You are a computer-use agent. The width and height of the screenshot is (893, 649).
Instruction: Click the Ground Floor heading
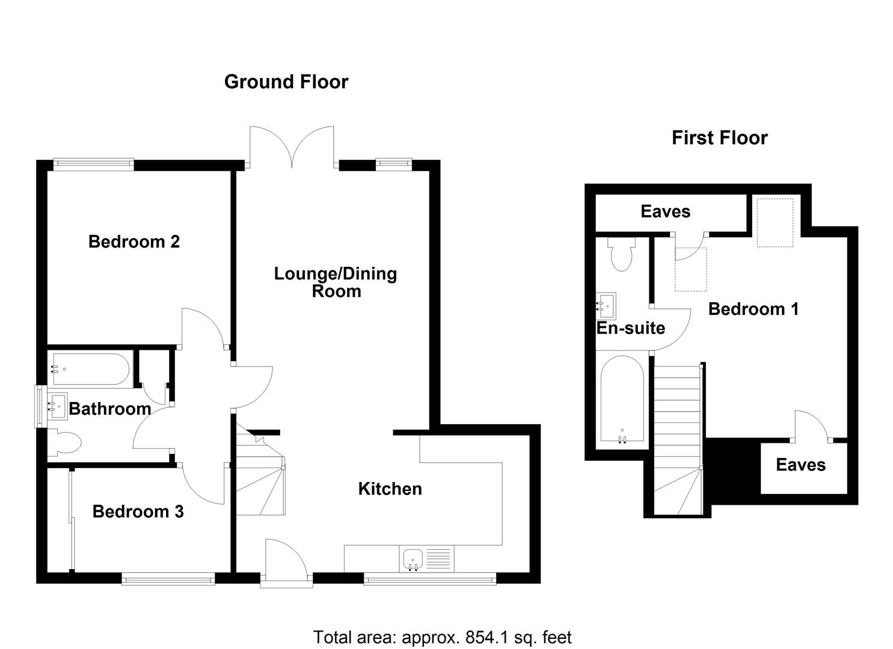click(286, 82)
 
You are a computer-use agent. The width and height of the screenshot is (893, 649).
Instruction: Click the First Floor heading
click(719, 138)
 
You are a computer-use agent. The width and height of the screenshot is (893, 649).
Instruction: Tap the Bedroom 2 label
click(134, 242)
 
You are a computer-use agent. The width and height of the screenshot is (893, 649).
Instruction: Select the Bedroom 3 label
click(138, 511)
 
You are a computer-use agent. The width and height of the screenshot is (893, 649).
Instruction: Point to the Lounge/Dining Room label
click(336, 282)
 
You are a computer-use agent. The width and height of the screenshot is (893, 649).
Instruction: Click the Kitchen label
click(390, 489)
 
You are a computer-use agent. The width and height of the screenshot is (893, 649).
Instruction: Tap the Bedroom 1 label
click(753, 309)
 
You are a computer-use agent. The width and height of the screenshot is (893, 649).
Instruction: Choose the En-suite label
click(630, 328)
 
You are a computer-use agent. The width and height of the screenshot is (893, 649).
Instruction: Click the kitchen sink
click(413, 559)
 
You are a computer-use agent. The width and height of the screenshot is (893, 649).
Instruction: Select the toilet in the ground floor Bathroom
click(66, 443)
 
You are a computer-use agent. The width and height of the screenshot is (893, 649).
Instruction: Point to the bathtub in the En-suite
click(622, 400)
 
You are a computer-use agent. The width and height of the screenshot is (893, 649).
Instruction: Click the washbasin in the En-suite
click(606, 306)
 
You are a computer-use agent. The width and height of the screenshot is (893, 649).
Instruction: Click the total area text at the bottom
click(442, 637)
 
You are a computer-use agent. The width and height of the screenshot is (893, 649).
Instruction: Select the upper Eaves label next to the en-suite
click(665, 212)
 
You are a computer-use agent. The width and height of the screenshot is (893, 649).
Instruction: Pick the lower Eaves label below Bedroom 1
click(800, 465)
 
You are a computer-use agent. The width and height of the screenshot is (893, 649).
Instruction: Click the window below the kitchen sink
click(429, 579)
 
